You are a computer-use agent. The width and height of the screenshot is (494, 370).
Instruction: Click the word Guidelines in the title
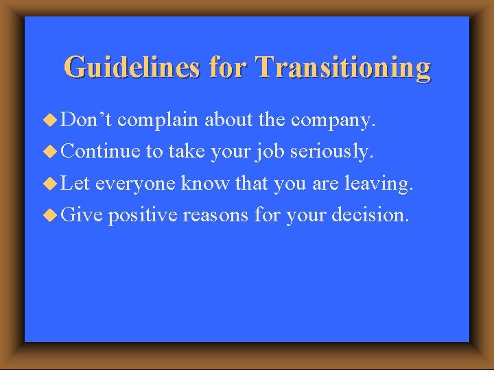[131, 68]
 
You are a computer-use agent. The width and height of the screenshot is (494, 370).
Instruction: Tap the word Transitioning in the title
[343, 68]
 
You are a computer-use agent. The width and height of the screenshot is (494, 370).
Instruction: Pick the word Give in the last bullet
[82, 216]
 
